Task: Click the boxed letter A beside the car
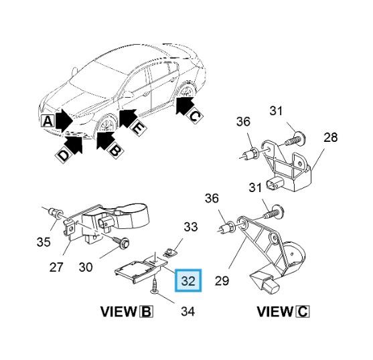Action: pyautogui.click(x=48, y=121)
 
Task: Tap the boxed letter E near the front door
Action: pyautogui.click(x=137, y=128)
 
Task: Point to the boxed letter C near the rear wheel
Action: pyautogui.click(x=196, y=116)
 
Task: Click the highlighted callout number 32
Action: pyautogui.click(x=188, y=280)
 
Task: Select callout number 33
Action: pyautogui.click(x=191, y=227)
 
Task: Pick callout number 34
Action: pyautogui.click(x=188, y=311)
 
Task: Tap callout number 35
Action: pyautogui.click(x=44, y=242)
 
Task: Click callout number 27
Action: pyautogui.click(x=56, y=267)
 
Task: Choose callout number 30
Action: pyautogui.click(x=86, y=267)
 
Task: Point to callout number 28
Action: pyautogui.click(x=330, y=137)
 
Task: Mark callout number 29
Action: pyautogui.click(x=222, y=280)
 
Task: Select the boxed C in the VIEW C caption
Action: pyautogui.click(x=303, y=312)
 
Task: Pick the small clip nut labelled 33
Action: pyautogui.click(x=170, y=252)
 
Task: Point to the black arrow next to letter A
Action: pyautogui.click(x=64, y=120)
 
